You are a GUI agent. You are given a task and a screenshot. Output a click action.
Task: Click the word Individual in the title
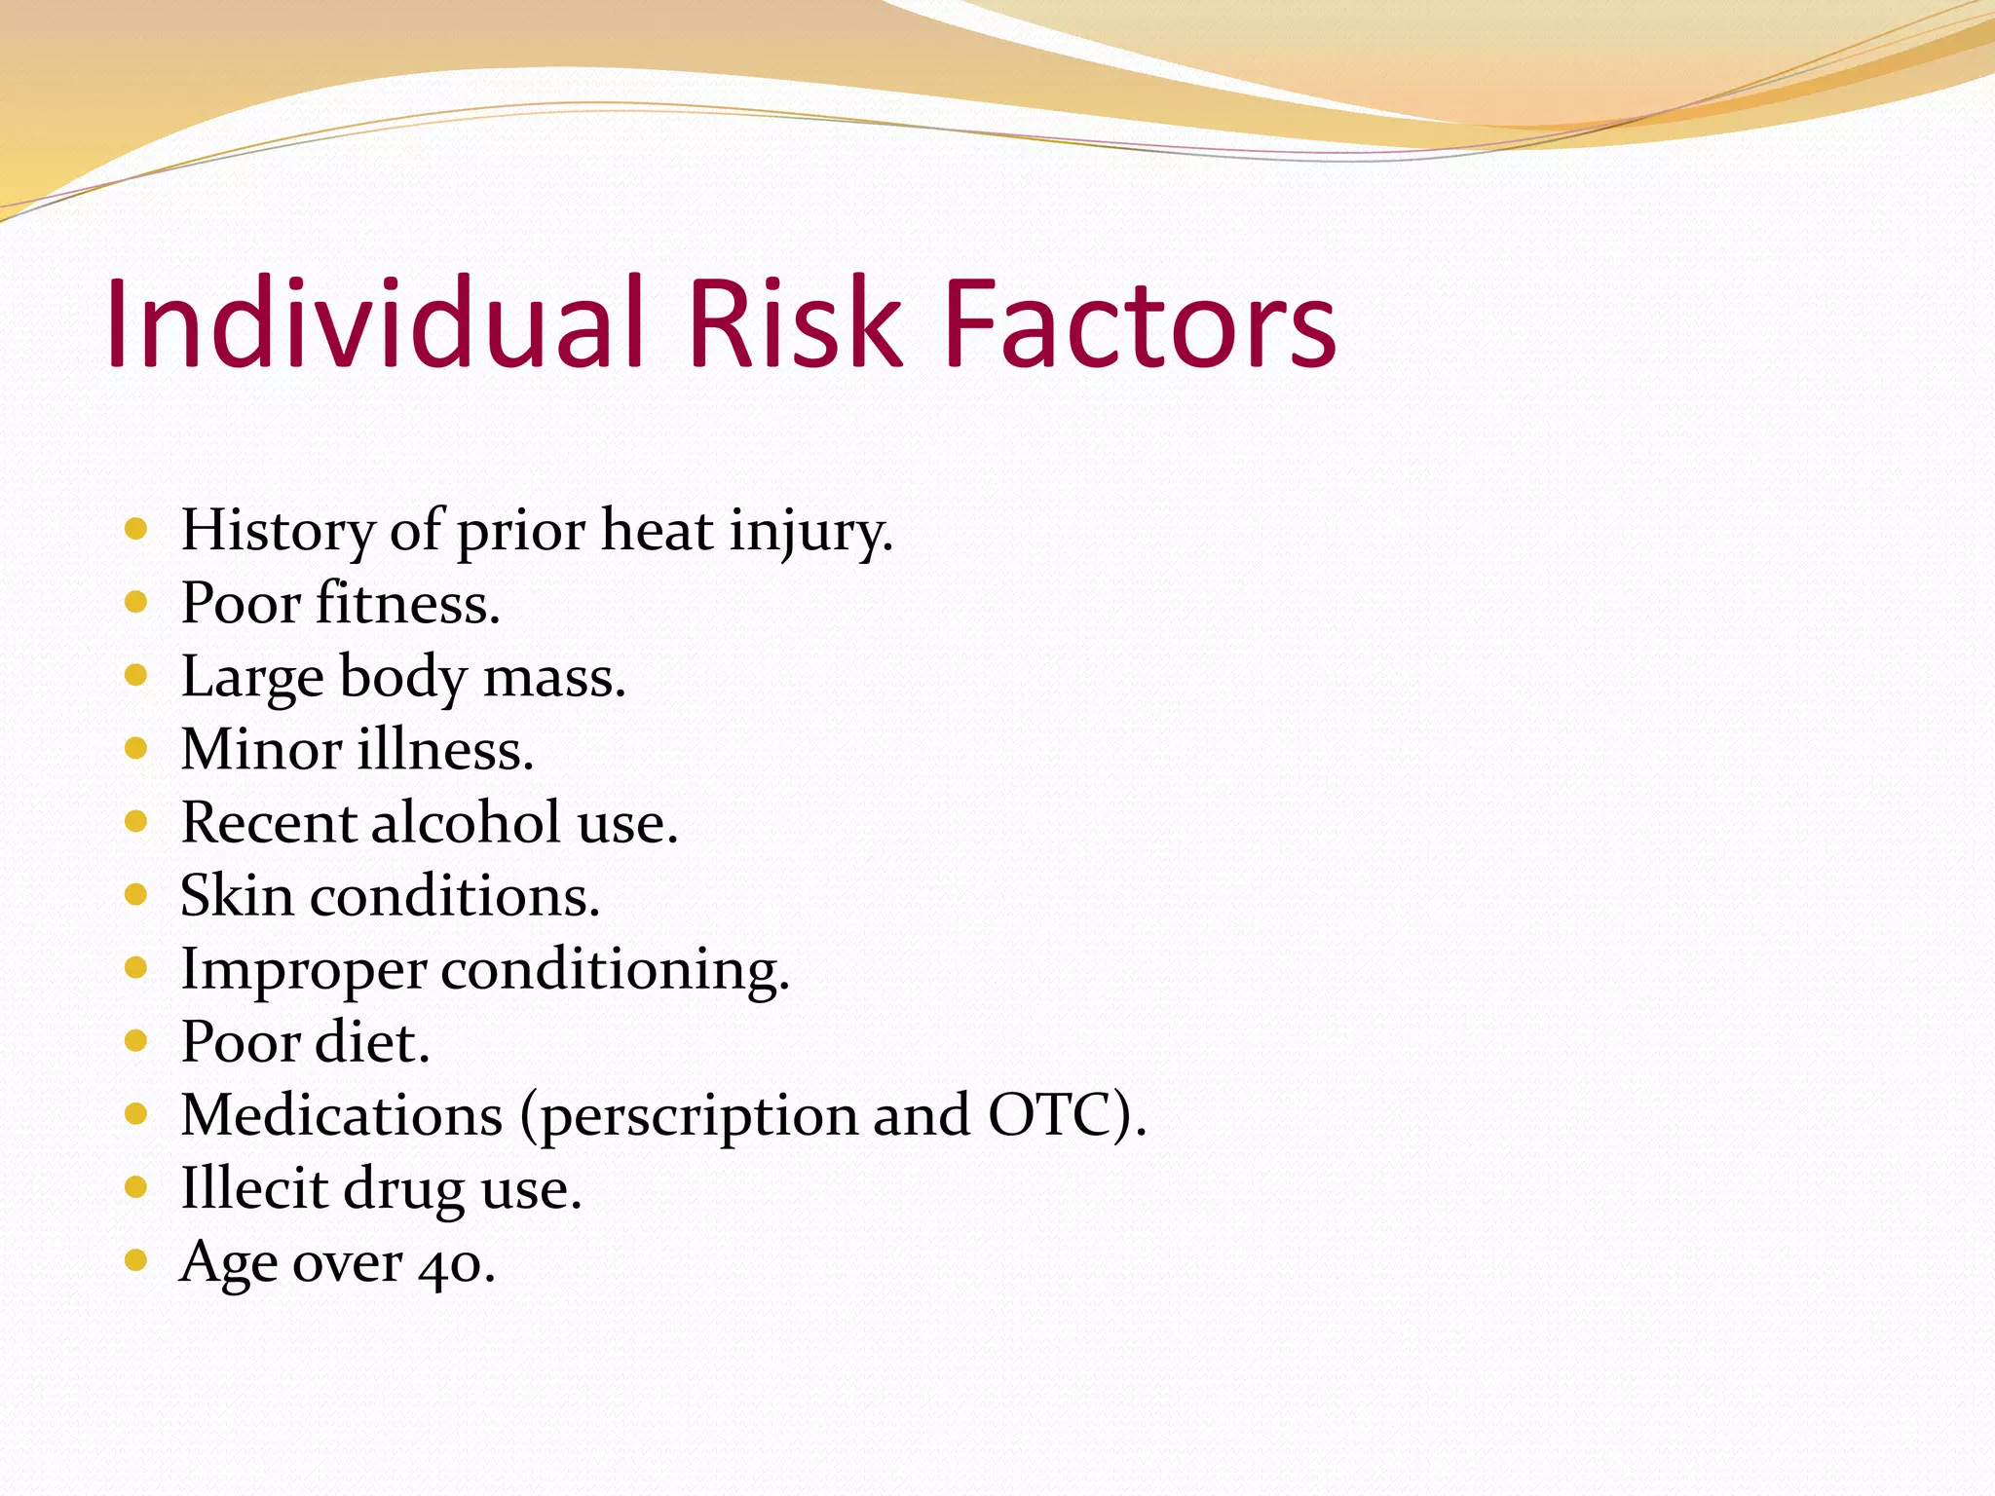pos(375,323)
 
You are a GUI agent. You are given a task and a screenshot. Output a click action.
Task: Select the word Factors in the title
pos(1140,323)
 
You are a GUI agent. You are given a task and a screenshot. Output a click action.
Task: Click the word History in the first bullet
pos(278,532)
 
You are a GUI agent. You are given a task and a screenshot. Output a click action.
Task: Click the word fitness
pos(407,604)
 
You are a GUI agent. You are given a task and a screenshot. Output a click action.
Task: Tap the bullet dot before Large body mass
pos(136,675)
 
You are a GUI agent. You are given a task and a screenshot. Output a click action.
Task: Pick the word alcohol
pos(466,823)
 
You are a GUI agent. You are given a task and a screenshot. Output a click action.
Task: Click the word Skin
pos(237,896)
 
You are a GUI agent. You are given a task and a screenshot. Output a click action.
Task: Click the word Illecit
pos(254,1189)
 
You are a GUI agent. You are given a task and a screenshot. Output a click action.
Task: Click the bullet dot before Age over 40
pos(136,1261)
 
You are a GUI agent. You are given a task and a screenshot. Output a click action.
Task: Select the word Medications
pos(341,1115)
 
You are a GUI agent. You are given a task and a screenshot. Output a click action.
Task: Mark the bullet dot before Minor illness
pos(136,748)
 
